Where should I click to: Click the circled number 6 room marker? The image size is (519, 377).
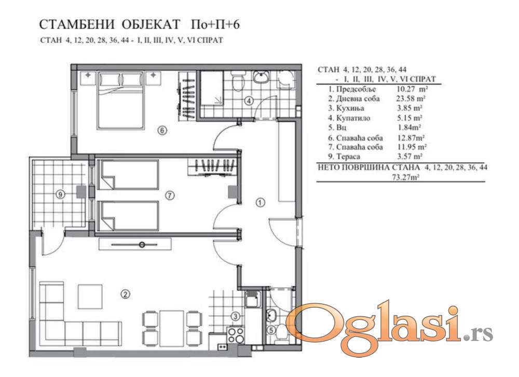click(x=161, y=131)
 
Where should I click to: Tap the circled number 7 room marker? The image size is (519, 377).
click(x=170, y=196)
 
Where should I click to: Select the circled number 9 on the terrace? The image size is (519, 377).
click(x=60, y=194)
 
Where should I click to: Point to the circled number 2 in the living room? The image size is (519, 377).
click(x=125, y=294)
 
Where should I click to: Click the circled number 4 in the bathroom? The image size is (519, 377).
click(x=249, y=100)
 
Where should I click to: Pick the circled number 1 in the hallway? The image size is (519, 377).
click(x=261, y=202)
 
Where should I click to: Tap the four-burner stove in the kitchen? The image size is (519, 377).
click(x=236, y=335)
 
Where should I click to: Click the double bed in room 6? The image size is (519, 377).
click(x=121, y=101)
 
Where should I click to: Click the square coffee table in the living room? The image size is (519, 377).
click(x=90, y=296)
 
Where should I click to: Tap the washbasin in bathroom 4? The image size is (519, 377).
click(x=262, y=77)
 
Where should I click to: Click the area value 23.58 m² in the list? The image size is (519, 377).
click(x=411, y=98)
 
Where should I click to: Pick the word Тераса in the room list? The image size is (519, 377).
click(x=348, y=156)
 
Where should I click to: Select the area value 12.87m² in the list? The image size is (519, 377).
click(x=411, y=138)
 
